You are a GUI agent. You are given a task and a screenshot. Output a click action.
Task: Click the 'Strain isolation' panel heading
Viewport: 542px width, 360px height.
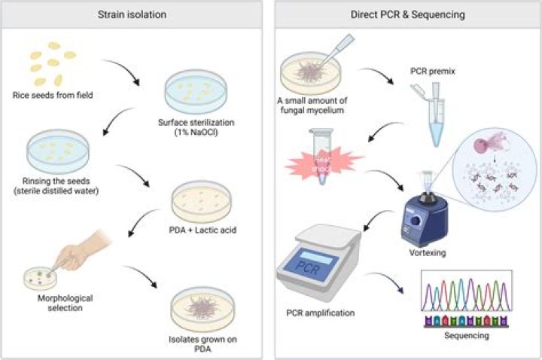[132, 14]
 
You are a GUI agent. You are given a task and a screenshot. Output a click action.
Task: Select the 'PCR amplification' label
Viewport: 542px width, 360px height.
[321, 312]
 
